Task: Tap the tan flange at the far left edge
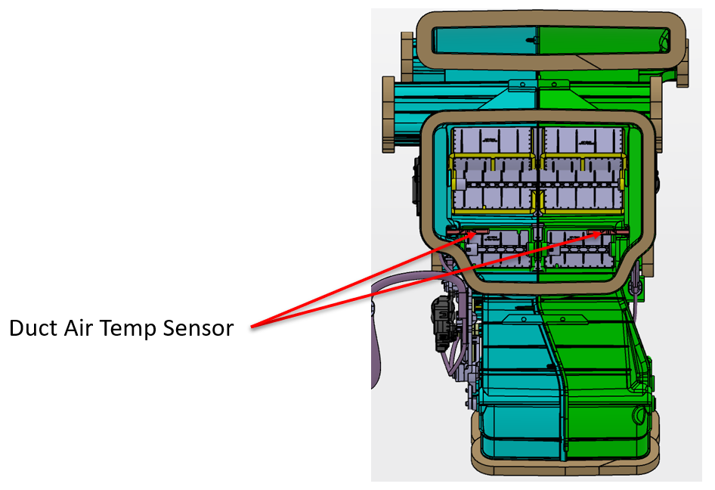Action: pos(391,113)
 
